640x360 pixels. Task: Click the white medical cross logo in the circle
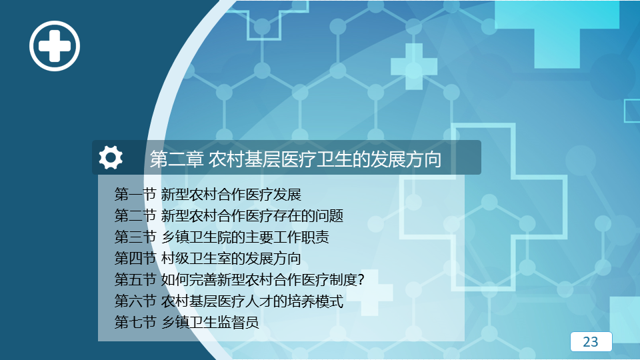55,46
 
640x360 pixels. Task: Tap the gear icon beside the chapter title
111,157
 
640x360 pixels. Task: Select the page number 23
591,341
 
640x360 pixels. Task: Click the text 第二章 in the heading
176,159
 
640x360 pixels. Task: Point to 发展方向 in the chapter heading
406,159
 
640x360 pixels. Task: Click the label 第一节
135,194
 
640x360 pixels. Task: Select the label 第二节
135,215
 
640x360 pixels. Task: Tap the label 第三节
135,237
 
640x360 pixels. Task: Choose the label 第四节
135,259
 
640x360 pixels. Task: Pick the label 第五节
135,279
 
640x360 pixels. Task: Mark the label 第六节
135,301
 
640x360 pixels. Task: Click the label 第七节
135,323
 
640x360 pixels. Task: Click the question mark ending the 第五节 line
360,280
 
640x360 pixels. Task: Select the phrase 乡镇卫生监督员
210,323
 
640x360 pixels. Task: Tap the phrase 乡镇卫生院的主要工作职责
245,237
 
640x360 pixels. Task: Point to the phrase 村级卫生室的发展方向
231,259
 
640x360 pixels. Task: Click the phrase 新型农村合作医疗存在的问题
252,215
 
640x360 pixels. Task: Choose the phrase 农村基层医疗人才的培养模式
252,301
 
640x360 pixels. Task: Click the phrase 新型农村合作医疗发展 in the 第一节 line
231,194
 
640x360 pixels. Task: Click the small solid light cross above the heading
414,67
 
